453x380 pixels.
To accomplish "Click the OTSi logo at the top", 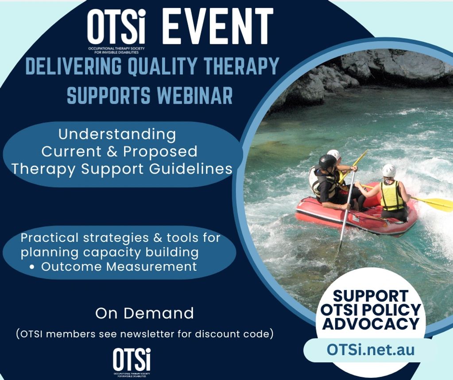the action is click(x=116, y=31).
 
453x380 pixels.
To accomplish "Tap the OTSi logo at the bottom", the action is click(x=132, y=362).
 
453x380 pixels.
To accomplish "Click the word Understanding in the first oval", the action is click(x=117, y=134).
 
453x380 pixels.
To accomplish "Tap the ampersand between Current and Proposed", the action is click(x=112, y=152).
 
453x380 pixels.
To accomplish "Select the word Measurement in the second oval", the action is click(x=151, y=267).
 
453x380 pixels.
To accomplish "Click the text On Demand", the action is click(x=144, y=313).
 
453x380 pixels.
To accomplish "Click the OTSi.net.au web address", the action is click(x=371, y=349).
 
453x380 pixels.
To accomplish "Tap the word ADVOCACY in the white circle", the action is click(x=371, y=323).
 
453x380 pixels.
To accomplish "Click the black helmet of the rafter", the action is click(x=327, y=162).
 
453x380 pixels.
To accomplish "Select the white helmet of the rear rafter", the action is click(x=389, y=171).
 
